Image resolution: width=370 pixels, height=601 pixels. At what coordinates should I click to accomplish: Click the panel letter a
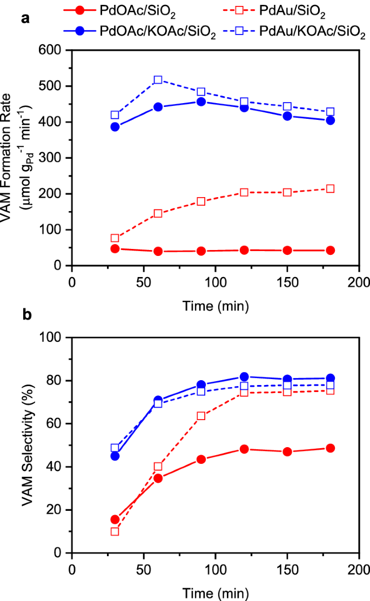[24, 19]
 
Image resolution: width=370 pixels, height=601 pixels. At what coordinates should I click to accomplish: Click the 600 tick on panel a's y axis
[56, 50]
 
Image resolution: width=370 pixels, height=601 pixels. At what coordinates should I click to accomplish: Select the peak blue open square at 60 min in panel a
[158, 80]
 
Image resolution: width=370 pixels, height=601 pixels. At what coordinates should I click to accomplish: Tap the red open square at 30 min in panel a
[115, 238]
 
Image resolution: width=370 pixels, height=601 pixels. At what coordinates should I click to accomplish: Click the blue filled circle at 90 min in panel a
[201, 102]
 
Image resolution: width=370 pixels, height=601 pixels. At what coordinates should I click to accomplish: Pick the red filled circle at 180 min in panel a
[330, 250]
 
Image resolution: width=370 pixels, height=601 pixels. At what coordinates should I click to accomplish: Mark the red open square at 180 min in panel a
[330, 188]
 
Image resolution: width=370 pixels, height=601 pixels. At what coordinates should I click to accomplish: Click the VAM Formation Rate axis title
[22, 157]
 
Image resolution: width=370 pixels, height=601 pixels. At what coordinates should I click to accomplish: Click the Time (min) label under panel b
[215, 592]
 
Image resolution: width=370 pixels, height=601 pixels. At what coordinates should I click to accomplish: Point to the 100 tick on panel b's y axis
[56, 337]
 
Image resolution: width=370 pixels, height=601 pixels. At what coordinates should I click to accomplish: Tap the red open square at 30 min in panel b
[115, 531]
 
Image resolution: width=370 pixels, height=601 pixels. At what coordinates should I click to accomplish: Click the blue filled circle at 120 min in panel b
[244, 377]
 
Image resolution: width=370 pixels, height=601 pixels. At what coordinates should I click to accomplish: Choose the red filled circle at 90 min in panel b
[201, 460]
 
